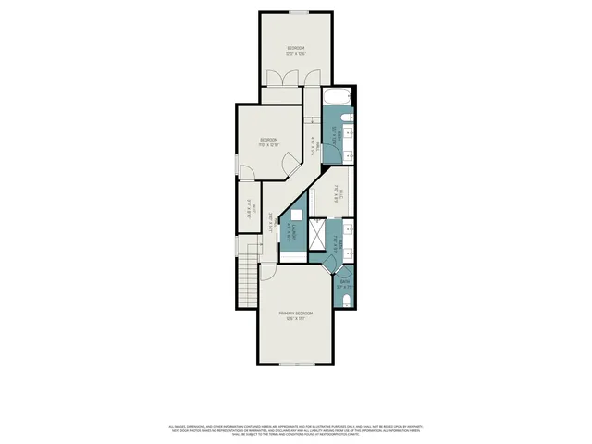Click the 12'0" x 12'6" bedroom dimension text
click(x=296, y=54)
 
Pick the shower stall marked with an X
click(x=317, y=235)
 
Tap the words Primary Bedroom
click(x=296, y=314)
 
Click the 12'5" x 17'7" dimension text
click(x=296, y=319)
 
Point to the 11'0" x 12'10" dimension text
click(x=269, y=145)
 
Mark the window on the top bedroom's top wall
click(x=297, y=12)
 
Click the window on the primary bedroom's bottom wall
click(x=296, y=364)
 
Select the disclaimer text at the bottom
click(x=296, y=431)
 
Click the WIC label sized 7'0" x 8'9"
click(x=334, y=193)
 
